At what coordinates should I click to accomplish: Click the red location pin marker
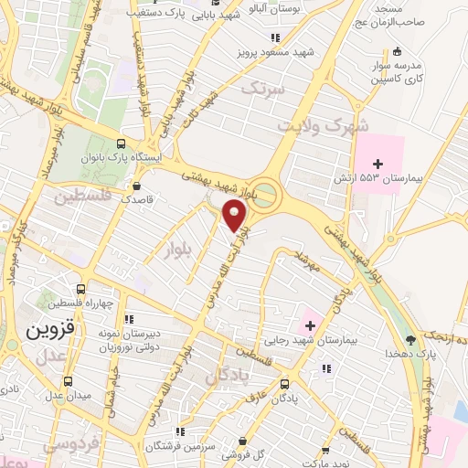(235, 215)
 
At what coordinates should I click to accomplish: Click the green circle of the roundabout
(266, 193)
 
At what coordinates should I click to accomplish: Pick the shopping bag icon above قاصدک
(137, 182)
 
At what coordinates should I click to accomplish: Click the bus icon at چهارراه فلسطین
(81, 289)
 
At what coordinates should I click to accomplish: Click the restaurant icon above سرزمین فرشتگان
(180, 431)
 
